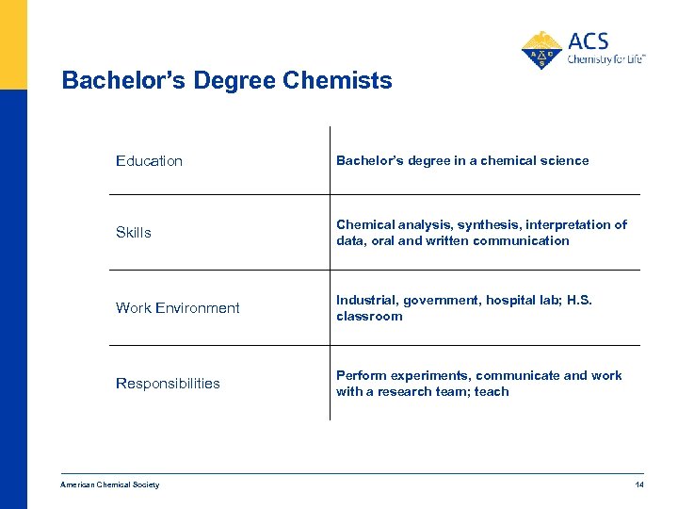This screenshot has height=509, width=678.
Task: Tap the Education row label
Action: click(149, 161)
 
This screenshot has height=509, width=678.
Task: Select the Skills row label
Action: click(133, 233)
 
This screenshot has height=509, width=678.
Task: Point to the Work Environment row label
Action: click(177, 308)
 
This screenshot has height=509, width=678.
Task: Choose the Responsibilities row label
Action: click(168, 384)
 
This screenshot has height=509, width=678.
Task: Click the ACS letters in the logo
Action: click(589, 41)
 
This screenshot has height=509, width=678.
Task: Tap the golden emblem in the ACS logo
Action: click(541, 50)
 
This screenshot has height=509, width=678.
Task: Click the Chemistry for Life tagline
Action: click(605, 59)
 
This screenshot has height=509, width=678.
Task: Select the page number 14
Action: click(639, 484)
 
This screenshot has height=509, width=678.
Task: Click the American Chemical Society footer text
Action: click(109, 484)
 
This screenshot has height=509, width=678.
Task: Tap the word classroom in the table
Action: click(369, 317)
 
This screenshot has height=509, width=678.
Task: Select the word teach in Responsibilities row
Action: click(492, 392)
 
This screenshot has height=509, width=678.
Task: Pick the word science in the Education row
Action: click(564, 161)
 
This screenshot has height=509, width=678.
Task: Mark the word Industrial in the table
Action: click(367, 301)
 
